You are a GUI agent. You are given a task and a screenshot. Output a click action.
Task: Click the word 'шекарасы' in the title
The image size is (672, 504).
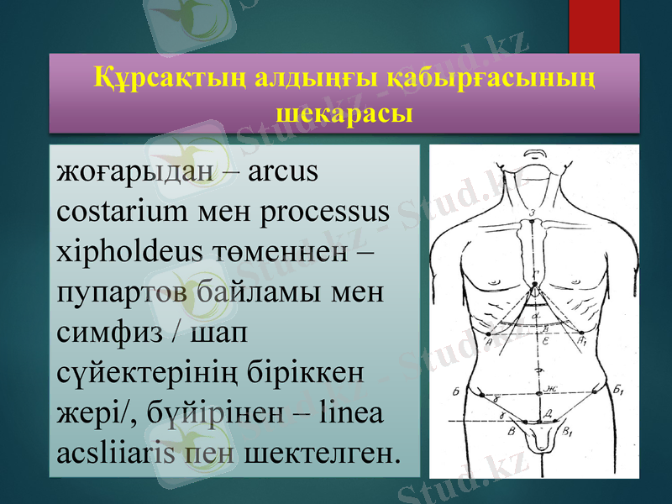pyautogui.click(x=344, y=112)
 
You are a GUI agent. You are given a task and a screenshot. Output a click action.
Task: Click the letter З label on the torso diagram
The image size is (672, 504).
pyautogui.click(x=533, y=213)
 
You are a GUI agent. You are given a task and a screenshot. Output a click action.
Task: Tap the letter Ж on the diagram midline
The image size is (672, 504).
pyautogui.click(x=550, y=388)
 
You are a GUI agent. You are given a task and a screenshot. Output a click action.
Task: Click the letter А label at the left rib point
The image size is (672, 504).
pyautogui.click(x=487, y=342)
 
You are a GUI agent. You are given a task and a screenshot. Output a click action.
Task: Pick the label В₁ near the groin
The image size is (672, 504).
pyautogui.click(x=570, y=431)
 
